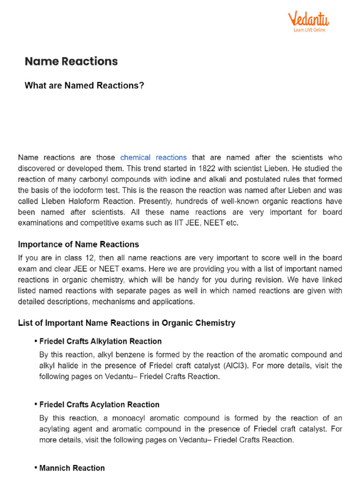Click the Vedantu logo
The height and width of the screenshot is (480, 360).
[308, 20]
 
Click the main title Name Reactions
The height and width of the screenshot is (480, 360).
[71, 61]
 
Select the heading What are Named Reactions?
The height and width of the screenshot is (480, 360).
[84, 86]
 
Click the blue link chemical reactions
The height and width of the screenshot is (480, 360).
[153, 157]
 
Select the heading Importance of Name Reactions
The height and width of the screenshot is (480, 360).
[78, 244]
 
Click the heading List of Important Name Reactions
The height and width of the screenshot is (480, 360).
[127, 323]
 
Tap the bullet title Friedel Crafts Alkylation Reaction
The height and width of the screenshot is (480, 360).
[100, 341]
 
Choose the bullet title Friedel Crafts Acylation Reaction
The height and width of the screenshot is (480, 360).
[99, 405]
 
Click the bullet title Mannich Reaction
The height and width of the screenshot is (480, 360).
[72, 468]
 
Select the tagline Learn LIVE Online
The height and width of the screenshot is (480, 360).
[309, 30]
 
